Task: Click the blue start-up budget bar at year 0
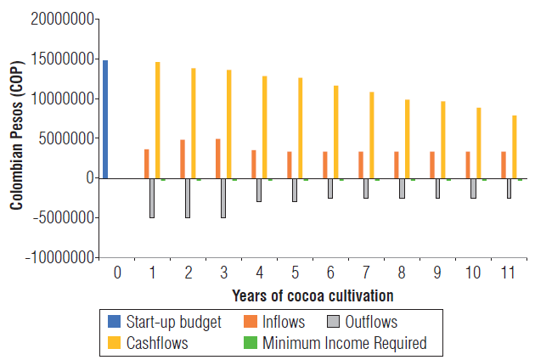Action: pos(105,119)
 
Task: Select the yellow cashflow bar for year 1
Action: pos(157,120)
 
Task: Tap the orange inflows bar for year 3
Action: pos(218,158)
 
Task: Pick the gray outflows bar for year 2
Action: pos(188,198)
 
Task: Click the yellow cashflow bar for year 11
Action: pos(514,147)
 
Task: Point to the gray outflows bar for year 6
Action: pos(330,188)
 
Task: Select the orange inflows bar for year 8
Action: pos(397,165)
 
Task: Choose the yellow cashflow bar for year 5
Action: pos(300,128)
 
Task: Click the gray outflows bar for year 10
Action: pos(473,188)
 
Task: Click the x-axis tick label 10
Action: pos(473,273)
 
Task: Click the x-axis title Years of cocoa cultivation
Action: pos(313,295)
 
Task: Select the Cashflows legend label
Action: pos(158,343)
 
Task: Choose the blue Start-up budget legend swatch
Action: pos(115,322)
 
